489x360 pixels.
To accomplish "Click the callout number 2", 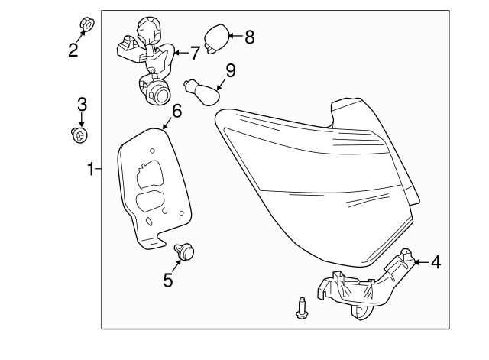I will pos(73,50).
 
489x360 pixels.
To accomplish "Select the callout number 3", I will pos(81,104).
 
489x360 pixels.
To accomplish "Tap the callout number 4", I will pos(435,262).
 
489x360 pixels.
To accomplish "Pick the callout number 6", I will pos(176,111).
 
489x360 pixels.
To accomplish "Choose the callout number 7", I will pos(194,53).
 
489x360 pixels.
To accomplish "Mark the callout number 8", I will pos(250,35).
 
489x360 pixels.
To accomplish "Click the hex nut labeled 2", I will pos(87,24).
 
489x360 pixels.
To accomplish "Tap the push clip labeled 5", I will pos(184,251).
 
